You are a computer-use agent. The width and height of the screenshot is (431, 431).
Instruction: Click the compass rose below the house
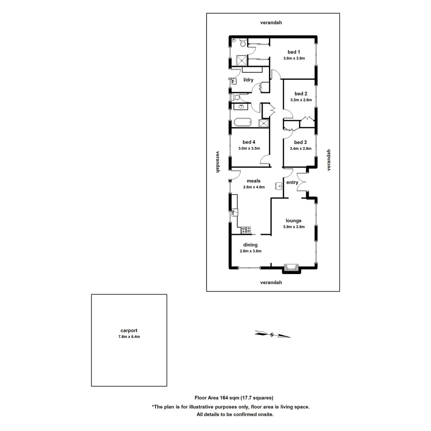click(x=273, y=334)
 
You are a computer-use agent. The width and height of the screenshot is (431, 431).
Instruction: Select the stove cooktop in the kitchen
click(x=246, y=229)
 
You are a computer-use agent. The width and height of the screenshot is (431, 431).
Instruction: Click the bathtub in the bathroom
click(x=242, y=122)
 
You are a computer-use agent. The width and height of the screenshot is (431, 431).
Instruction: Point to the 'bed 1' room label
click(x=294, y=52)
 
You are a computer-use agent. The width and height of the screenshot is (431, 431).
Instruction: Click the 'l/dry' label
click(x=248, y=80)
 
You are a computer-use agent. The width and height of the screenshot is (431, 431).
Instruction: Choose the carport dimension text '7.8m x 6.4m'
click(x=129, y=337)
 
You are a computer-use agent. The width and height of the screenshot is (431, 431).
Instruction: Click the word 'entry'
click(x=292, y=182)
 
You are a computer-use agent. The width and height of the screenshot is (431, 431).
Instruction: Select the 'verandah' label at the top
click(x=271, y=23)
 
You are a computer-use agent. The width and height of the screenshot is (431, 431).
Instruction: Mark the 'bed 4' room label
click(x=249, y=142)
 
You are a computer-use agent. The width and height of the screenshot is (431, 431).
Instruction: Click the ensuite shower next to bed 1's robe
click(x=242, y=60)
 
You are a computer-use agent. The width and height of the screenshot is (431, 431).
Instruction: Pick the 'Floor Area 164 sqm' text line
click(x=233, y=397)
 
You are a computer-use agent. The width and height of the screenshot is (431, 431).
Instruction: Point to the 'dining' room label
click(x=250, y=245)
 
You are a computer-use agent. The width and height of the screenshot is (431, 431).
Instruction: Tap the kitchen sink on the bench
click(x=235, y=213)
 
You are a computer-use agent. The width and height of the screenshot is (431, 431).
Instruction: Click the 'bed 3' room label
click(x=300, y=142)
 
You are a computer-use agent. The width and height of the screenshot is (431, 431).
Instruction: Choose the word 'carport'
click(x=129, y=330)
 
